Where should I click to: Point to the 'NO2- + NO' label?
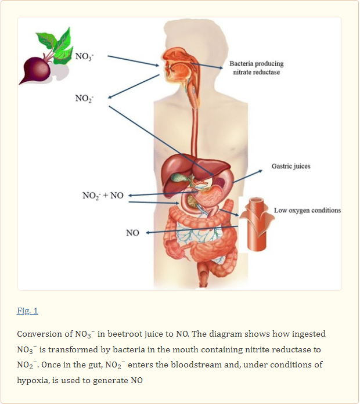(103, 195)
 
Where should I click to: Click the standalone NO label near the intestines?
(132, 233)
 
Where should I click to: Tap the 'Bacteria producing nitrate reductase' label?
(256, 68)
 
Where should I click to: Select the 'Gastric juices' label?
(290, 166)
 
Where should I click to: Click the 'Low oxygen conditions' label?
(307, 210)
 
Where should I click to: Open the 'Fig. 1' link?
(27, 311)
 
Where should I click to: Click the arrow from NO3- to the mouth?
(133, 61)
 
